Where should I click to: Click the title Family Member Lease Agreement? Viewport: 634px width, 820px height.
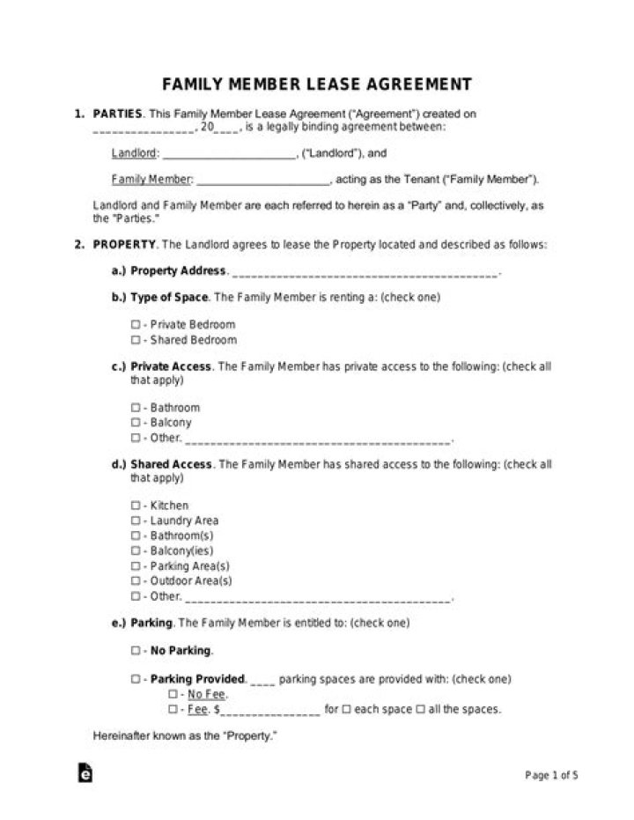point(316,85)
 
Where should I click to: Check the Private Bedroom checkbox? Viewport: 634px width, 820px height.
point(136,325)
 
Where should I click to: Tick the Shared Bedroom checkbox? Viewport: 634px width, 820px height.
point(136,340)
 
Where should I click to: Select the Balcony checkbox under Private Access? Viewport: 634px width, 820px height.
point(136,423)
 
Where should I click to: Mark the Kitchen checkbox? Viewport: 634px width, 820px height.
point(136,506)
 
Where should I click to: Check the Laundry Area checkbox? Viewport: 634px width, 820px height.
point(136,521)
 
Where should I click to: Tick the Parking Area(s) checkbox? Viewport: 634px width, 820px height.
point(136,566)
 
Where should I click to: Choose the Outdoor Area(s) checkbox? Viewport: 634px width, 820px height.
point(136,581)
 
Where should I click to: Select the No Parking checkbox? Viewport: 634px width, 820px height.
point(136,651)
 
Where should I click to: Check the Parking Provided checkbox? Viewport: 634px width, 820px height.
point(136,680)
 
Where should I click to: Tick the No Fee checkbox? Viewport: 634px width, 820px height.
point(173,695)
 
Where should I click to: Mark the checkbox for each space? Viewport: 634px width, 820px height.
point(346,709)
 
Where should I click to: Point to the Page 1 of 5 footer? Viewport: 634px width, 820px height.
point(551,776)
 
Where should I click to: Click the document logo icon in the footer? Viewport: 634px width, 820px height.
point(85,772)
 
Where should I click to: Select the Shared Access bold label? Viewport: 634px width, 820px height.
point(172,464)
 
